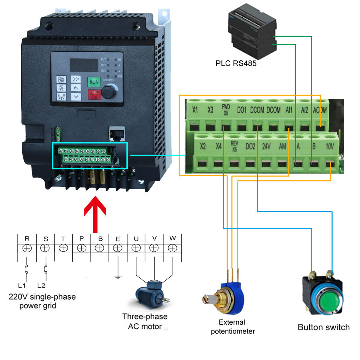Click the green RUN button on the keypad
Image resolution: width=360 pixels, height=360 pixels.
tap(94, 82)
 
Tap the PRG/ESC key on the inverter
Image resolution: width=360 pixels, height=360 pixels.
tap(61, 80)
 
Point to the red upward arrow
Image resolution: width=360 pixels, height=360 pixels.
tap(96, 214)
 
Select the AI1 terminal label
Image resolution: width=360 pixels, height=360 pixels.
tap(289, 110)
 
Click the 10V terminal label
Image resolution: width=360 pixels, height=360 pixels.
tap(330, 146)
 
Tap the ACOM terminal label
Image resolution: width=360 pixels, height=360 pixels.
tap(320, 110)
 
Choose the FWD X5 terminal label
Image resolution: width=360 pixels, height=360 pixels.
tap(225, 110)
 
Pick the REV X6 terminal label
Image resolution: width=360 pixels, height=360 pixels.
tap(234, 146)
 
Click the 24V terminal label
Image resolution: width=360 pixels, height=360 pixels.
tap(267, 146)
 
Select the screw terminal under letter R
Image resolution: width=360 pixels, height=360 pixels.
tap(27, 248)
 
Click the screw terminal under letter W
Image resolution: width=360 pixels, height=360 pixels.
tap(172, 248)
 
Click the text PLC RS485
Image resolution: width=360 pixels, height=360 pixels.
tap(236, 63)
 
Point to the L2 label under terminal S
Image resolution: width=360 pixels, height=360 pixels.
tap(41, 285)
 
